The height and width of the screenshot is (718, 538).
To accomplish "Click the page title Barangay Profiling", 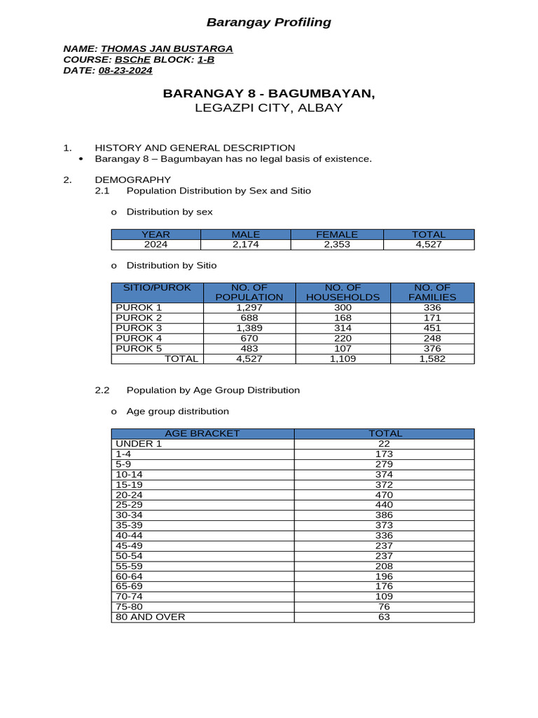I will [x=268, y=22].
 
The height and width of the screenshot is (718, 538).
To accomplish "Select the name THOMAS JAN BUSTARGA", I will [x=167, y=48].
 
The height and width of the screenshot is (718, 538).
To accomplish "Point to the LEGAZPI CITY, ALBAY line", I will [x=268, y=108].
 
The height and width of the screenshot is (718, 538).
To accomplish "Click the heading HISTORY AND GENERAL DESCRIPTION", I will [x=195, y=147].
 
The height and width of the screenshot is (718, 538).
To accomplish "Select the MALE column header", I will [x=245, y=234].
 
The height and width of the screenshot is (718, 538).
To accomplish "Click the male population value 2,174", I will [x=245, y=245].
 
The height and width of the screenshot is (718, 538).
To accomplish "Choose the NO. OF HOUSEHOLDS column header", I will [x=343, y=292].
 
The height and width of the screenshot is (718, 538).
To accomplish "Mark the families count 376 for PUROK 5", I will [x=433, y=348].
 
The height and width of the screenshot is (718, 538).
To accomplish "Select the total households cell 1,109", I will [x=343, y=359].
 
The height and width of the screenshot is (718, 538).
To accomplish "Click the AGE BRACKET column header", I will [x=202, y=433].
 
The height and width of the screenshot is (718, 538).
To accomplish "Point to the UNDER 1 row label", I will [x=139, y=443].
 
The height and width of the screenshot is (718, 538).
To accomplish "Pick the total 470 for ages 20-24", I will [x=384, y=494].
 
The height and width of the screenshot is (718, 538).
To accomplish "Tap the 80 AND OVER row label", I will [x=151, y=617].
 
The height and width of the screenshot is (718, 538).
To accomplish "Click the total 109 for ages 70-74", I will [x=384, y=597].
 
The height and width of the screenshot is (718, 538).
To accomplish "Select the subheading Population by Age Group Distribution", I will [x=212, y=390].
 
